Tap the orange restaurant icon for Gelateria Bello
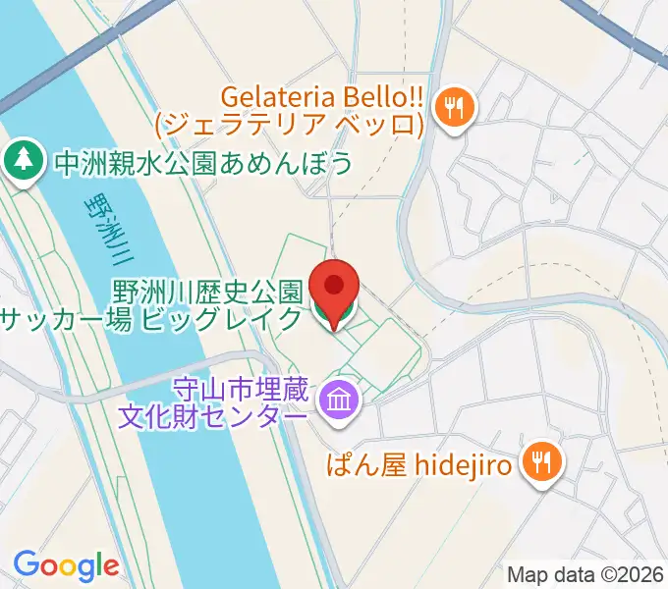453,107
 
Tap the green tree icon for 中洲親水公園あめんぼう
22,161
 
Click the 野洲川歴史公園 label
205,292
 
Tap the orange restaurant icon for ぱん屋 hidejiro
540,458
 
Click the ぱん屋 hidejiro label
419,463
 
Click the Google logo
66,564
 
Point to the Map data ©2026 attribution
584,573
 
